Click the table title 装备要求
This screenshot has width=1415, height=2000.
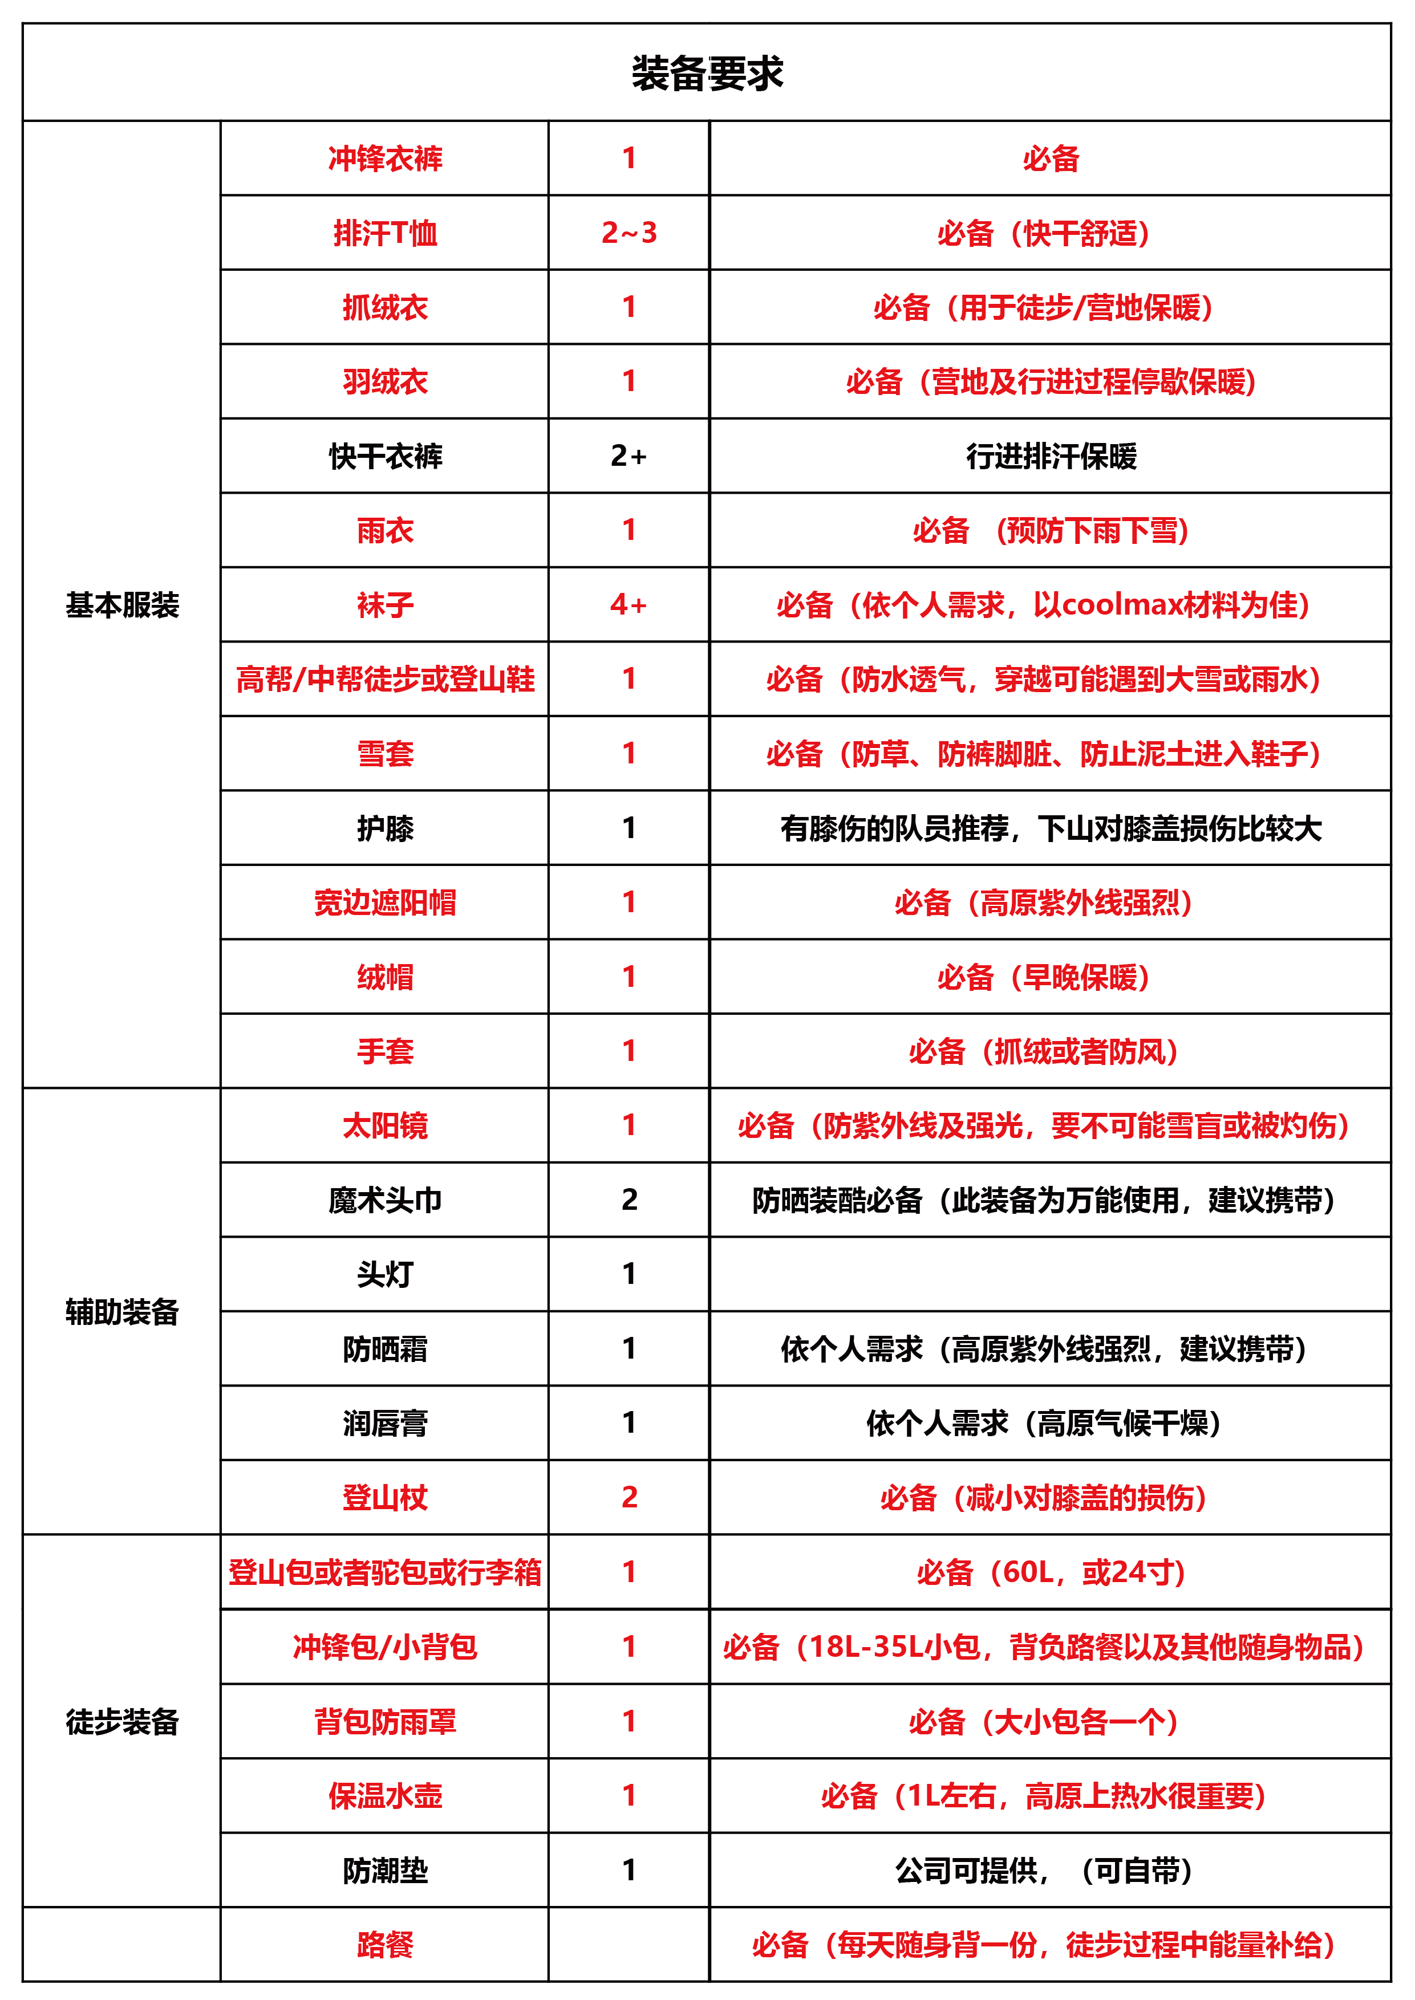pyautogui.click(x=707, y=73)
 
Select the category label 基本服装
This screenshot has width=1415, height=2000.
pyautogui.click(x=122, y=604)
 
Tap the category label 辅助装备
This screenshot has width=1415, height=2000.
pyautogui.click(x=122, y=1311)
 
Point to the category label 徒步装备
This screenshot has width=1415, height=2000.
pyautogui.click(x=122, y=1721)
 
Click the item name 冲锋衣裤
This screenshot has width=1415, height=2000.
pyautogui.click(x=385, y=158)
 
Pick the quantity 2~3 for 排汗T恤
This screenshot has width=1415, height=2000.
pyautogui.click(x=629, y=233)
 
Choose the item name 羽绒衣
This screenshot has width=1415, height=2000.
pyautogui.click(x=385, y=381)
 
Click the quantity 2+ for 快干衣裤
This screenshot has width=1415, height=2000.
pyautogui.click(x=629, y=456)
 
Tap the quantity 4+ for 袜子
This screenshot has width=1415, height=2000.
pyautogui.click(x=629, y=604)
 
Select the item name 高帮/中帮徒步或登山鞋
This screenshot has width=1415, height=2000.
pyautogui.click(x=385, y=678)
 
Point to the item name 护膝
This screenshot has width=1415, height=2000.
pyautogui.click(x=385, y=827)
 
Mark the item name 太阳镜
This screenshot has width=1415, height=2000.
pyautogui.click(x=385, y=1125)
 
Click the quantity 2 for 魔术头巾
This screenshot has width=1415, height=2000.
pyautogui.click(x=629, y=1200)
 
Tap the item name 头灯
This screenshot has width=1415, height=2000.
pyautogui.click(x=385, y=1274)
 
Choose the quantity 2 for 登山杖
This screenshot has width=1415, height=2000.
pyautogui.click(x=629, y=1497)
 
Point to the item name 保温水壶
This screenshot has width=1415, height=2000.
pyautogui.click(x=385, y=1795)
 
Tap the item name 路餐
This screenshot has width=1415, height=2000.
pyautogui.click(x=385, y=1944)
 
